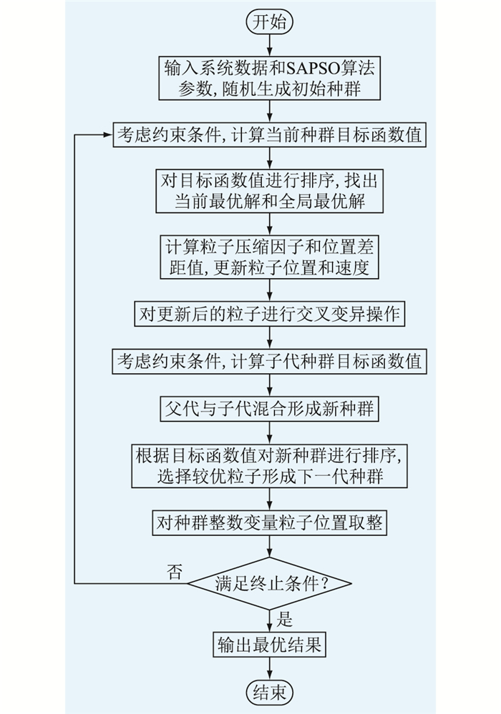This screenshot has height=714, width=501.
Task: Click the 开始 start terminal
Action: [x=269, y=22]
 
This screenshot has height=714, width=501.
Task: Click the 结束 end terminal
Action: [x=269, y=692]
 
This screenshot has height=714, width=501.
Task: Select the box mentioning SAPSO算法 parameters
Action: [x=269, y=78]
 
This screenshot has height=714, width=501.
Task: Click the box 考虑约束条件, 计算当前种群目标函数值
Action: [x=269, y=135]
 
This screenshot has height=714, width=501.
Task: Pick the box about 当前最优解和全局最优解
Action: [x=269, y=189]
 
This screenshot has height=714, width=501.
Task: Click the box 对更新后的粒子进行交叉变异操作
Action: [x=269, y=313]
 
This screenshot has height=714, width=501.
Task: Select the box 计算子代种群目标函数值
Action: [x=269, y=362]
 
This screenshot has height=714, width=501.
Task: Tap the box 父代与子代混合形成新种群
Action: [x=269, y=409]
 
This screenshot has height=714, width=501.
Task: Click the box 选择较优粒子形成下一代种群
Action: [x=269, y=465]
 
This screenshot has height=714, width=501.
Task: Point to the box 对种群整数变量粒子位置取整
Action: [x=269, y=523]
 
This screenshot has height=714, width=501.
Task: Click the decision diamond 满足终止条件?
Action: [x=269, y=584]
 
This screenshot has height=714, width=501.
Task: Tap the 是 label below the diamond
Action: [x=284, y=619]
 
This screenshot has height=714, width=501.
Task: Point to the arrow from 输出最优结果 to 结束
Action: [x=269, y=670]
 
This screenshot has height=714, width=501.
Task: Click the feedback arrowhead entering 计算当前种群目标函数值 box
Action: [x=107, y=135]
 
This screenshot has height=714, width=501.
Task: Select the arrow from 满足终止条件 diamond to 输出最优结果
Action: [x=269, y=619]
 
